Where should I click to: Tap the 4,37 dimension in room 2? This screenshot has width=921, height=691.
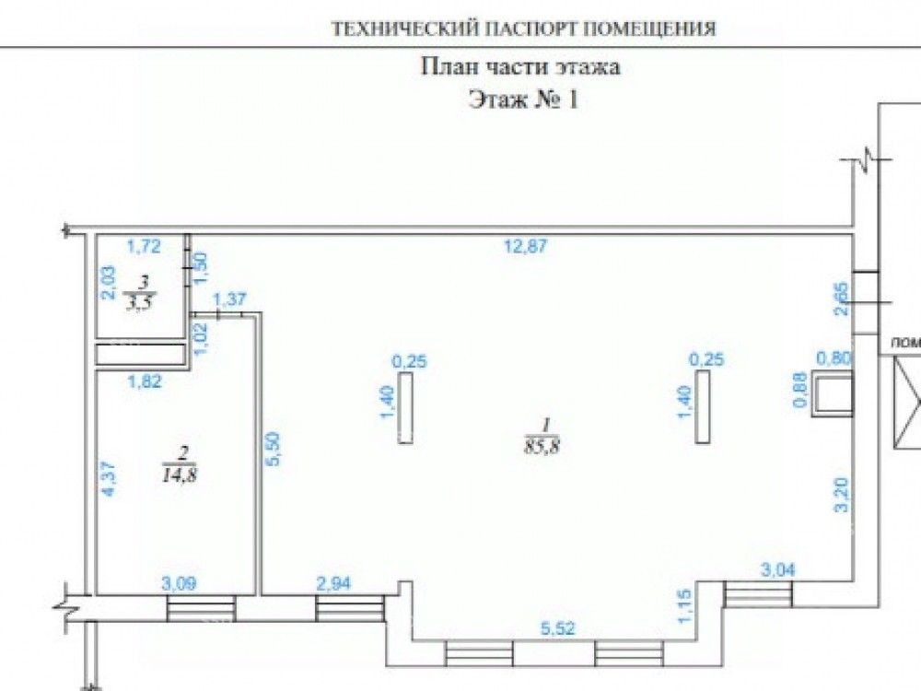tap(109, 479)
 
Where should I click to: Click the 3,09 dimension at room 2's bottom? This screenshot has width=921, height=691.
tap(179, 582)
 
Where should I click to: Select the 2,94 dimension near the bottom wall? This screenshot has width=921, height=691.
tap(332, 582)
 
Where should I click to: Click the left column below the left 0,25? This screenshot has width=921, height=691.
tap(406, 409)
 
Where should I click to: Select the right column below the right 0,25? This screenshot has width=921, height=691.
tap(704, 409)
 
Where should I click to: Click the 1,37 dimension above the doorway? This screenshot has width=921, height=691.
tap(230, 299)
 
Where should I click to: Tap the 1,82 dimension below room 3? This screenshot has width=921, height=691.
tap(145, 381)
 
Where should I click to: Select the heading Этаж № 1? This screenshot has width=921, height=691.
tap(523, 100)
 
